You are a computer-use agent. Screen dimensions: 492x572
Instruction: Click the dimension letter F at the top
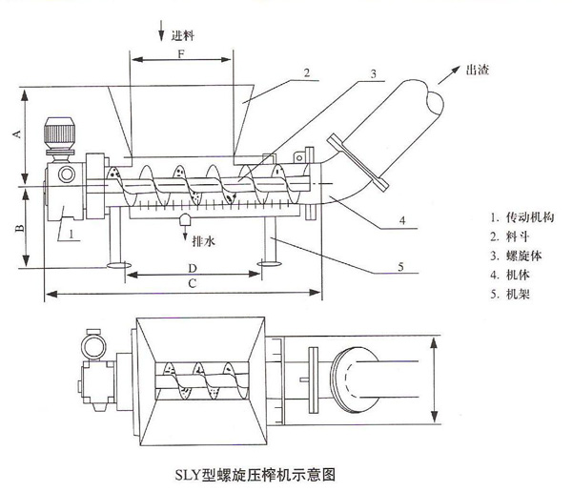coord(179,54)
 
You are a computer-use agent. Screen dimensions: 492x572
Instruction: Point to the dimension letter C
coord(194,283)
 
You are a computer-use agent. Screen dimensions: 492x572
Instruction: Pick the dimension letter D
coord(194,266)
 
